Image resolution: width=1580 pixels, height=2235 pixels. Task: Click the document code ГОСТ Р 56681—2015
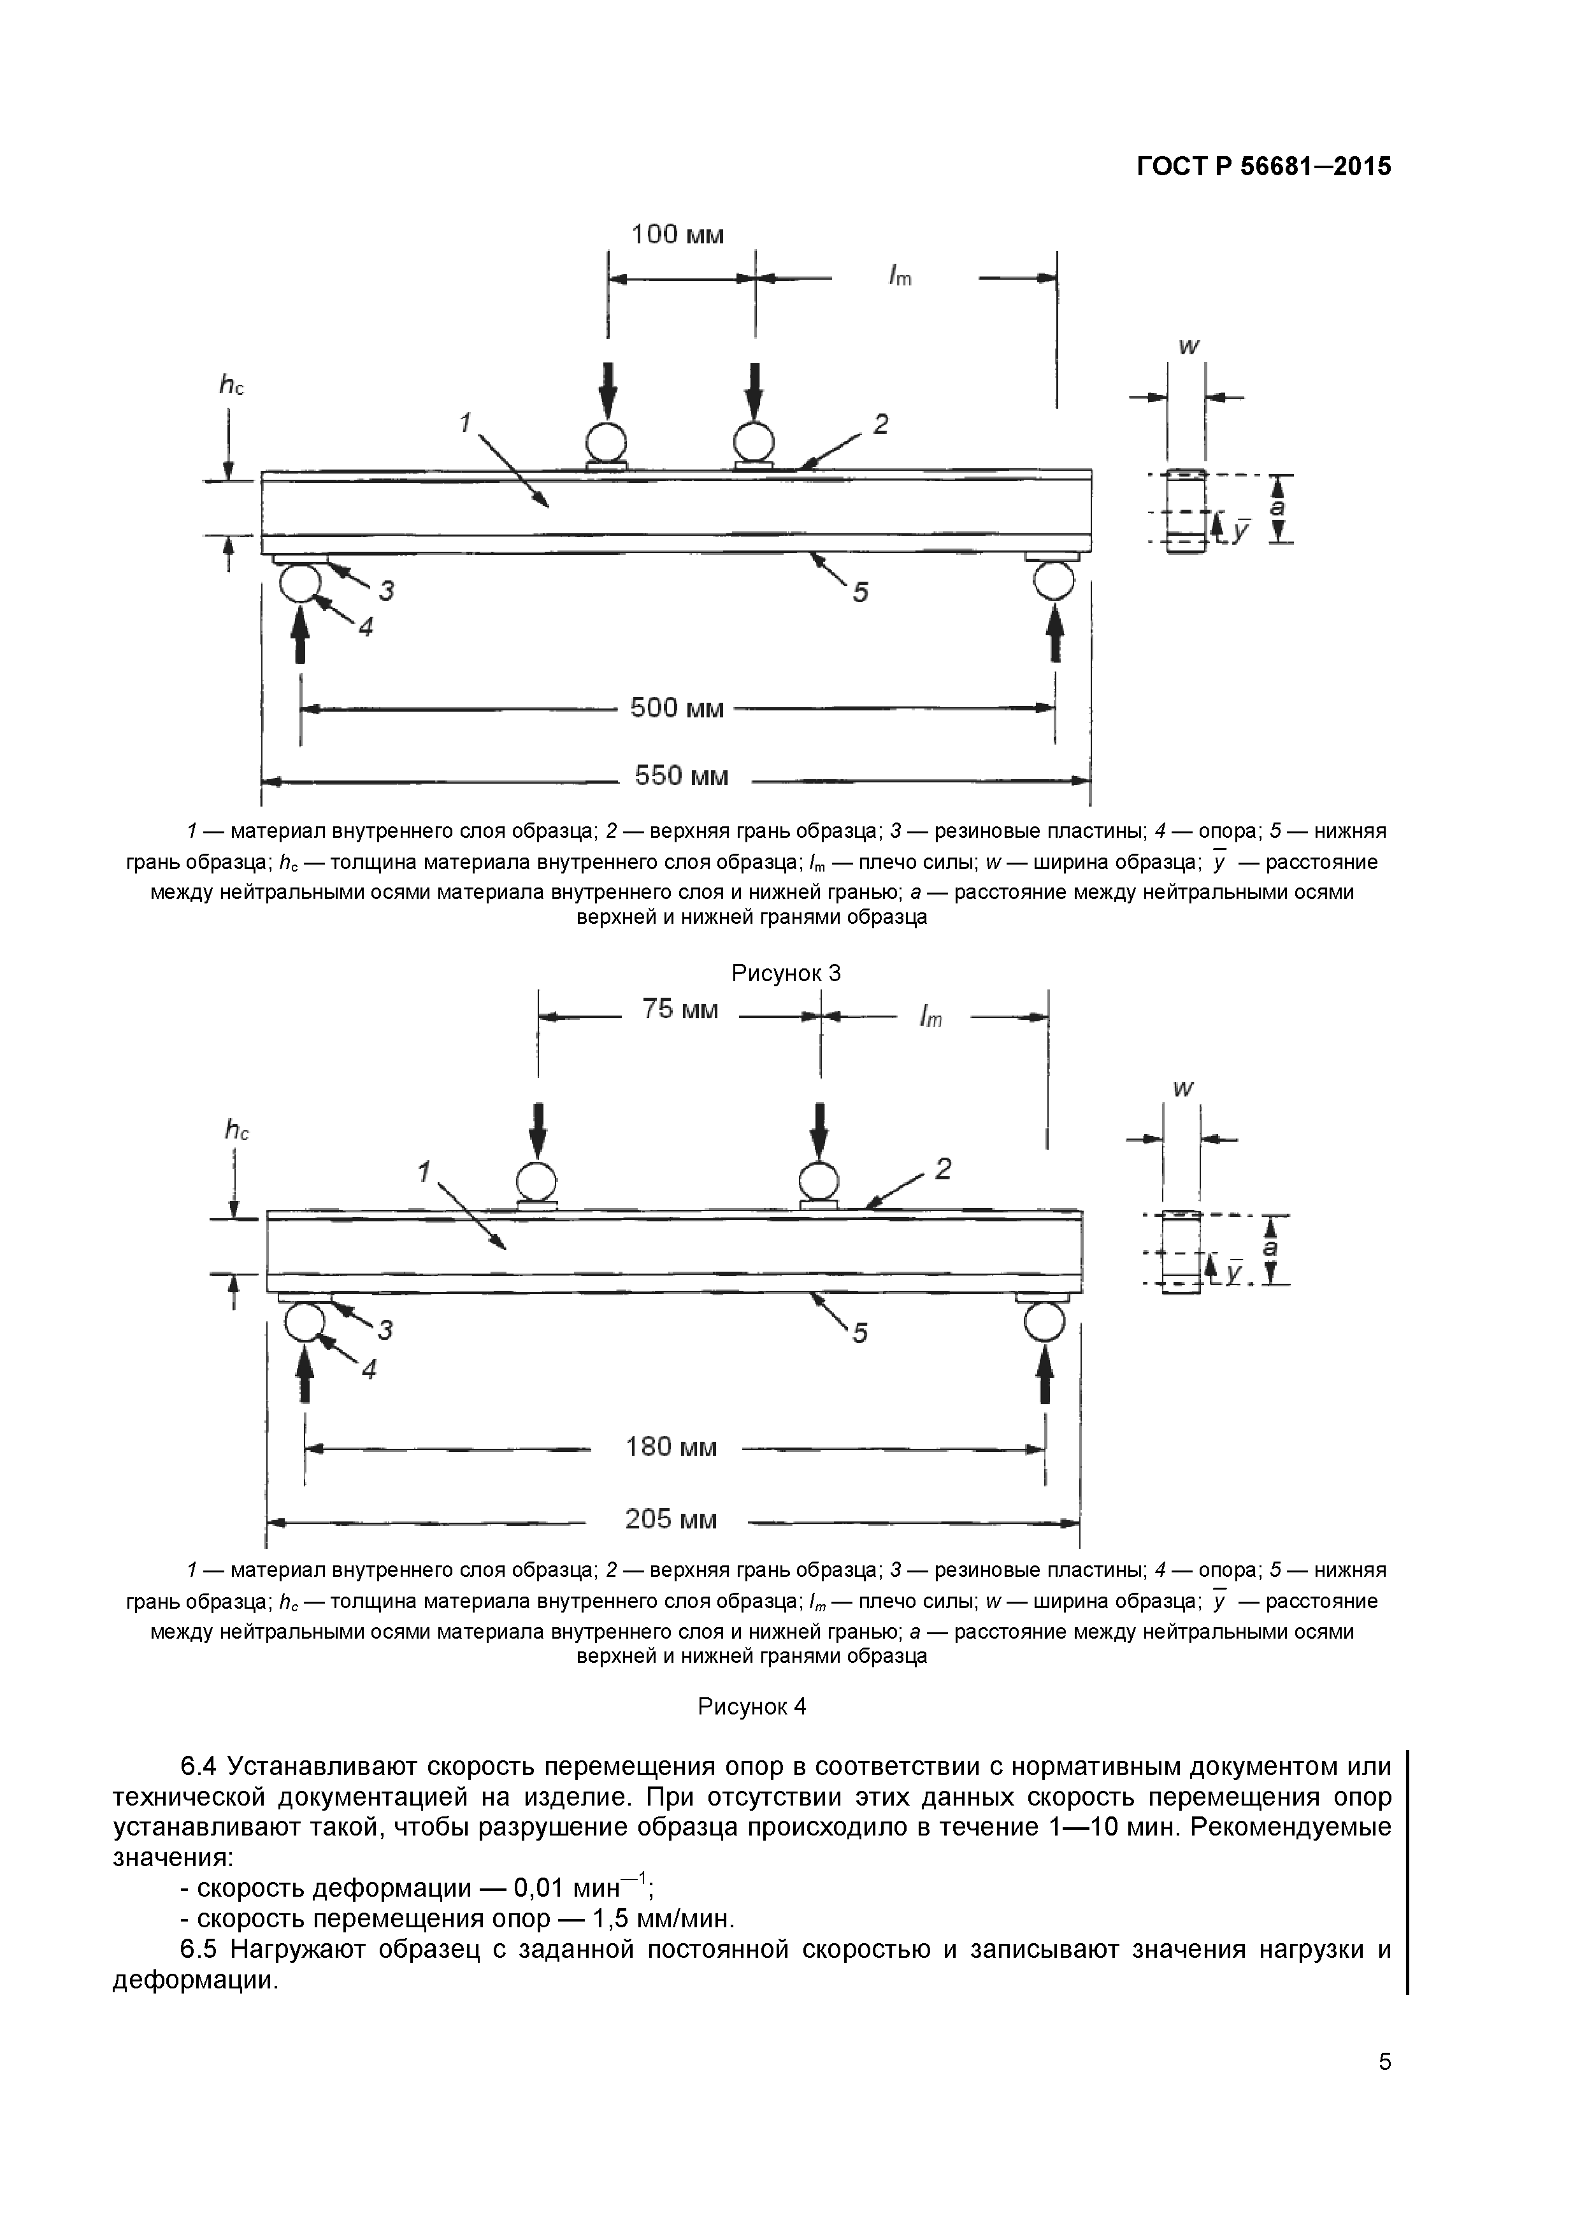tap(1263, 166)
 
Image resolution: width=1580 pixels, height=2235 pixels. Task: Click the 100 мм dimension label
tap(678, 234)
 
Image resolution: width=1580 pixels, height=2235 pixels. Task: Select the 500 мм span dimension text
tap(678, 708)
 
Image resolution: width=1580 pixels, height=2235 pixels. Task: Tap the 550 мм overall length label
tap(682, 776)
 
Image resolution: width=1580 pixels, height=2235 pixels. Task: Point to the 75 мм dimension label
tap(680, 1009)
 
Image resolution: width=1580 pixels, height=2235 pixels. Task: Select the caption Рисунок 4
tap(752, 1706)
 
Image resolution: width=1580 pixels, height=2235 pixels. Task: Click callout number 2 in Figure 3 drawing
tap(880, 424)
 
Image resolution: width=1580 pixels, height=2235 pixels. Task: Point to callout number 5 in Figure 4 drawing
tap(859, 1333)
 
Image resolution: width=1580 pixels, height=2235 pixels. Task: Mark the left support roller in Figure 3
tap(300, 582)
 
